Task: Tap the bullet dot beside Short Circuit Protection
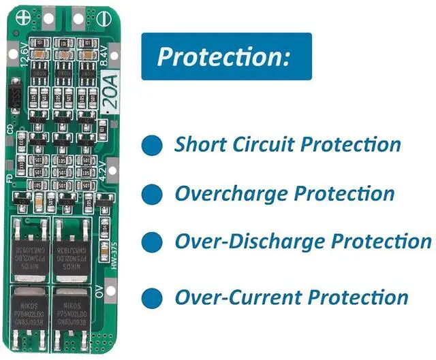[x=152, y=145]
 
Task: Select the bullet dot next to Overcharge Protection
[x=152, y=193]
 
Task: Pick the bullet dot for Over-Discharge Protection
[x=152, y=242]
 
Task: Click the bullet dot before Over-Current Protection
[x=152, y=297]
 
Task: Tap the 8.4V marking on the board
[x=104, y=54]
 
